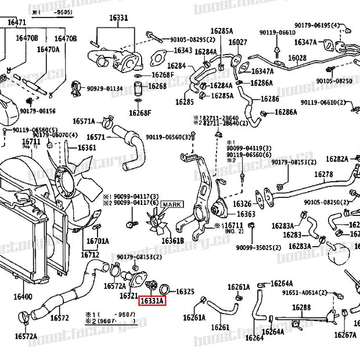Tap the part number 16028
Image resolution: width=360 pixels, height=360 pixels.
click(297, 58)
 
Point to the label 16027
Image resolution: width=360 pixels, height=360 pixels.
click(237, 42)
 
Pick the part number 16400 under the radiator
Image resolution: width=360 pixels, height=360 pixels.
click(23, 297)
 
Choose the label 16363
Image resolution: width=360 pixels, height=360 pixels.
click(245, 215)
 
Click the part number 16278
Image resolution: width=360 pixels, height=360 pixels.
click(324, 174)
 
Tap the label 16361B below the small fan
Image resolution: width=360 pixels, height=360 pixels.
click(172, 240)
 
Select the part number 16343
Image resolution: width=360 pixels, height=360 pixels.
click(183, 51)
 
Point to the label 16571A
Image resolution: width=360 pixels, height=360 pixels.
click(84, 121)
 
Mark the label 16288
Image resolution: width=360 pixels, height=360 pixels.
click(301, 307)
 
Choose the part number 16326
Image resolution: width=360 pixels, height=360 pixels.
click(242, 204)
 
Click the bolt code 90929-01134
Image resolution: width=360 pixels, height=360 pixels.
click(105, 88)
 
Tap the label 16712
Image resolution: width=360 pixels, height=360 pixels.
click(90, 254)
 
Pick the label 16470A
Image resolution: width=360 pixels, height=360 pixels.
click(49, 49)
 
